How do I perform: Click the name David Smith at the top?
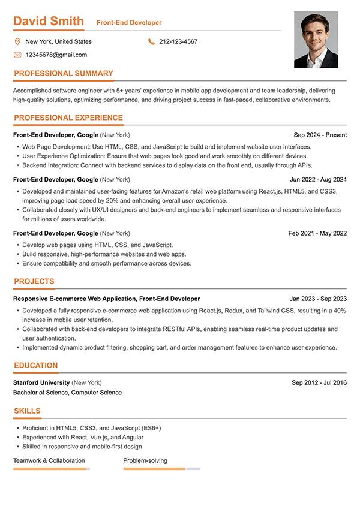tap(49, 22)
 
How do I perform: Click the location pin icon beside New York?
tap(17, 41)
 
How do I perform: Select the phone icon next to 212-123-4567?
tap(151, 41)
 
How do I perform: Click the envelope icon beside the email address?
tap(17, 55)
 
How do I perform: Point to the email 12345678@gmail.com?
tap(56, 55)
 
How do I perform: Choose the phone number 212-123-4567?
tap(178, 41)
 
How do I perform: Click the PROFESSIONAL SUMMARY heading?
tap(63, 74)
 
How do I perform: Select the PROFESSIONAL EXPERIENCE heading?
tap(68, 118)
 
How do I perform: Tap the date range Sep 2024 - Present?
tap(320, 135)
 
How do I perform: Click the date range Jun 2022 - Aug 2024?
tap(318, 179)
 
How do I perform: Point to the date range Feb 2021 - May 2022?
tap(317, 233)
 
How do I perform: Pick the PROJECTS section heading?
tap(34, 281)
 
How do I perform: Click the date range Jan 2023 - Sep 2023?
tap(318, 299)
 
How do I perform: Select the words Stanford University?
tap(41, 382)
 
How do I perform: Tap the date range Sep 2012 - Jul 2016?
tap(319, 382)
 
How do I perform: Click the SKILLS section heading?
tap(27, 411)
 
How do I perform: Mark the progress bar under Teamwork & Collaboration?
tap(52, 469)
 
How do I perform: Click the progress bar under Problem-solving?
tap(161, 469)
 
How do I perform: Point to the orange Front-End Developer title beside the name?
tap(129, 23)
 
